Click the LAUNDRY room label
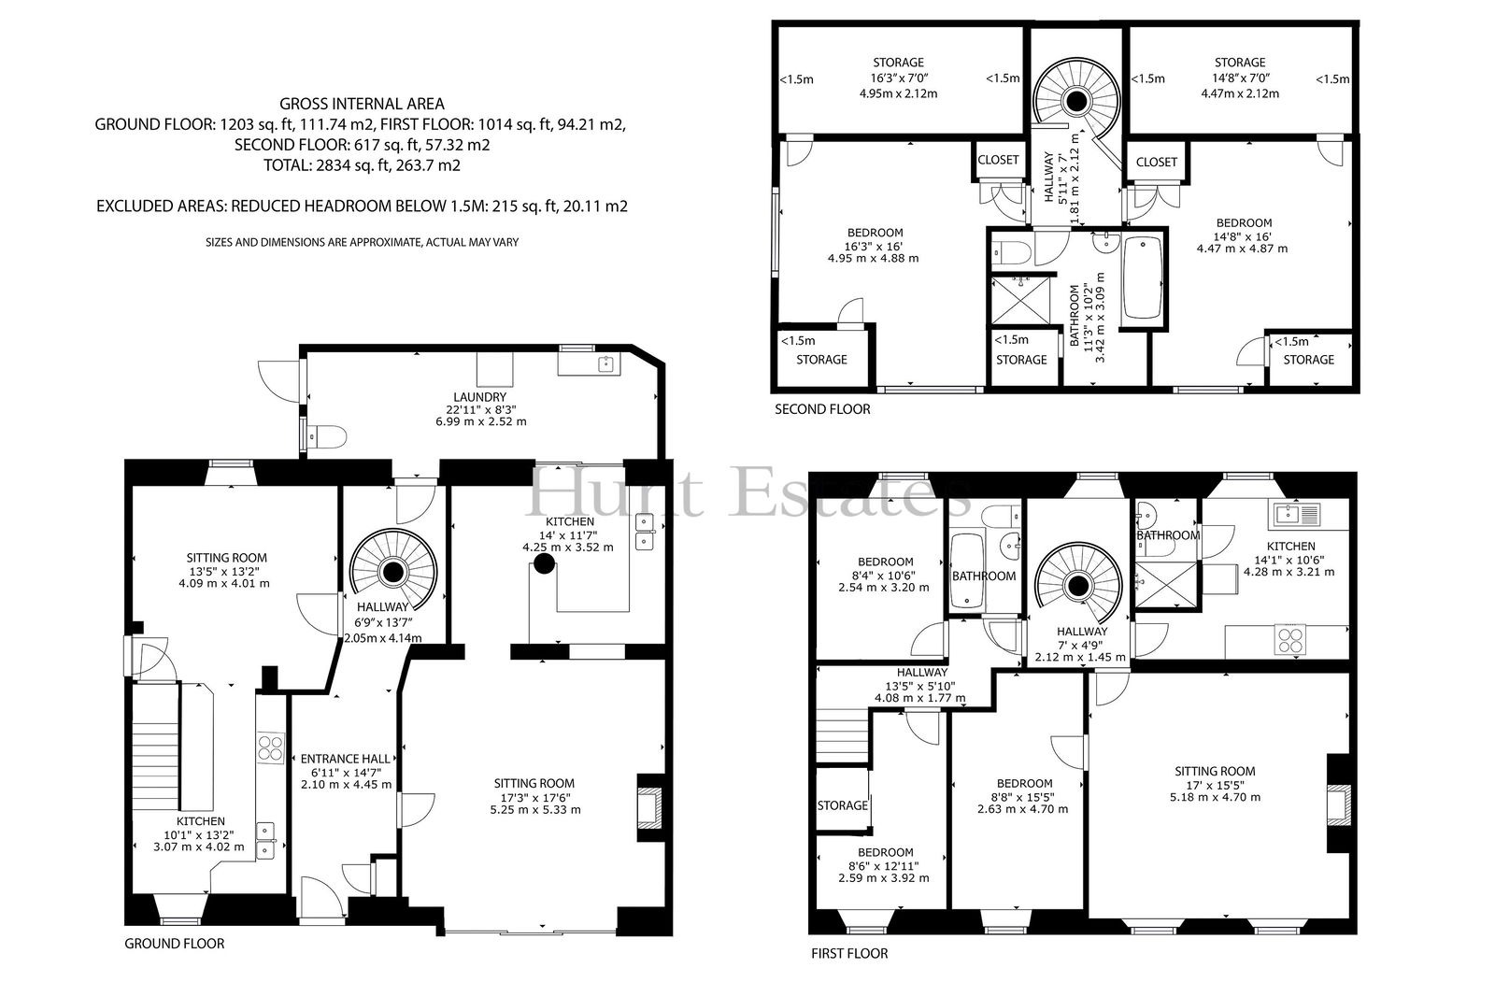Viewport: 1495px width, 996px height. tap(480, 397)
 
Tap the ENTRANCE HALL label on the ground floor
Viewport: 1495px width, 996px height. tap(345, 759)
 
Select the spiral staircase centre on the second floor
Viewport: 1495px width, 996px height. tap(1075, 101)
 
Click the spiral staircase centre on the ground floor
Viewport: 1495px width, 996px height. tap(393, 572)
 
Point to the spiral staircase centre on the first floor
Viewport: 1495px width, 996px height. tap(1078, 587)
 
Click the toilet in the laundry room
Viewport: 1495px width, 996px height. tap(328, 438)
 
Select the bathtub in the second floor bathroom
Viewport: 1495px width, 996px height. tap(1144, 278)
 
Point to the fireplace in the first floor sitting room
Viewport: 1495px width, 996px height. tap(1340, 805)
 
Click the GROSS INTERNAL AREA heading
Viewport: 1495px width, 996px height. tap(362, 104)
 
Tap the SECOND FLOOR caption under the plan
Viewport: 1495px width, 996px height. tap(822, 409)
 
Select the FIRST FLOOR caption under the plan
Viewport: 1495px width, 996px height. tap(849, 954)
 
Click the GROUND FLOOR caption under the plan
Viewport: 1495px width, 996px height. tap(174, 944)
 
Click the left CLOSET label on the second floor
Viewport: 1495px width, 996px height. tap(999, 160)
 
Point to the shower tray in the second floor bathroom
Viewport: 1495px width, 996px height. tap(1020, 301)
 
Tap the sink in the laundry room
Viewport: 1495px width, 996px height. tap(606, 364)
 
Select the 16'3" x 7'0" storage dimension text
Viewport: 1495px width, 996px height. tap(898, 78)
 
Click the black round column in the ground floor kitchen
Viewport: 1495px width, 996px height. tap(545, 564)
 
